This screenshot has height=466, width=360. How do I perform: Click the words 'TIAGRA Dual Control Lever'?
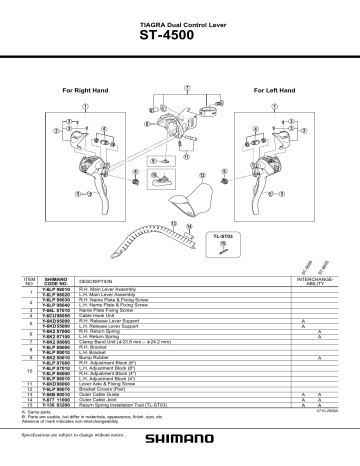[180, 27]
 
